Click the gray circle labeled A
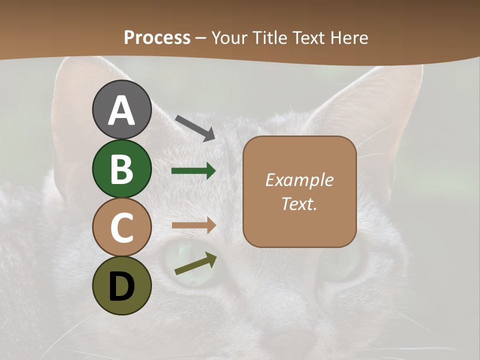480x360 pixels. (x=122, y=109)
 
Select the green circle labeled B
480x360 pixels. (x=122, y=168)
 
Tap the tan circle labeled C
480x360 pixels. (x=122, y=227)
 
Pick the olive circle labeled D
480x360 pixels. (x=122, y=285)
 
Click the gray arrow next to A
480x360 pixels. (x=195, y=127)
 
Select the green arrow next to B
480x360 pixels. (x=193, y=171)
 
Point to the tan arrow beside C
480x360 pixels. (x=193, y=225)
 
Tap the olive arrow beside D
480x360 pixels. (x=195, y=264)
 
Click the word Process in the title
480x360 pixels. (x=157, y=37)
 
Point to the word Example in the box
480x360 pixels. (x=299, y=180)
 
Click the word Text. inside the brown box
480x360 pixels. (x=299, y=203)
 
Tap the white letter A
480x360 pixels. (x=122, y=110)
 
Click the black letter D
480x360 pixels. (x=122, y=286)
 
